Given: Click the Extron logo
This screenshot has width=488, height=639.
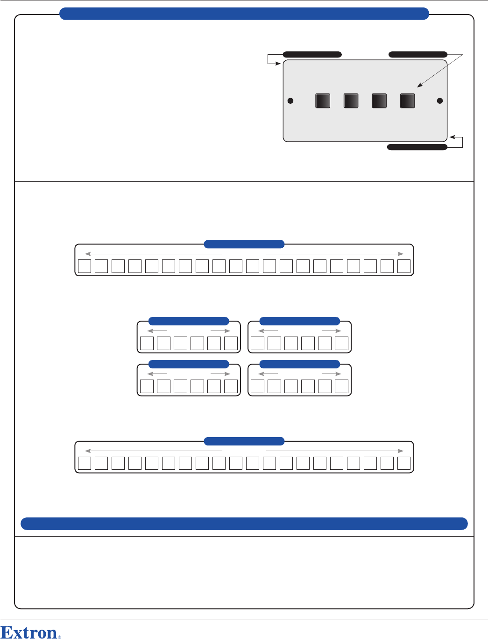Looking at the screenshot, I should (x=29, y=632).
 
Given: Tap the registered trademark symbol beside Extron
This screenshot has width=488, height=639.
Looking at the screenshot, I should (x=59, y=637).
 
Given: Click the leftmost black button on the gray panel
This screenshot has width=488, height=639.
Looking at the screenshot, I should (x=323, y=101).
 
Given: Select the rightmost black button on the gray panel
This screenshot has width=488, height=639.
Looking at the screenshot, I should (x=408, y=101).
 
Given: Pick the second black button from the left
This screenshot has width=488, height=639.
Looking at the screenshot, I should (x=351, y=101).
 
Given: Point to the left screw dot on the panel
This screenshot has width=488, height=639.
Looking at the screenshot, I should (x=290, y=101).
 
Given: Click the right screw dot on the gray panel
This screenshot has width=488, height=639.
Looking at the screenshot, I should (x=439, y=101).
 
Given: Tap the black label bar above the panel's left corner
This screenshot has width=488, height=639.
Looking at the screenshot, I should (x=312, y=55).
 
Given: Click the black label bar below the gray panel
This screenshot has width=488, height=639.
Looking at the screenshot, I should (x=417, y=147).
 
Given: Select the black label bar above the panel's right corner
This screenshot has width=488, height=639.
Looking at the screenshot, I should (x=418, y=55).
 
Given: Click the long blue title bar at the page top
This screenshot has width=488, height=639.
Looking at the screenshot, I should (x=244, y=14).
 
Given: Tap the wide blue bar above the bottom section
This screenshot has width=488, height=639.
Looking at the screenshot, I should (x=244, y=524).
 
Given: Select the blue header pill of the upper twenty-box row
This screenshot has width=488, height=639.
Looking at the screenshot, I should (x=244, y=244).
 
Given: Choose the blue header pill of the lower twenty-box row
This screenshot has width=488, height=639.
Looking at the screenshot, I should (x=244, y=441).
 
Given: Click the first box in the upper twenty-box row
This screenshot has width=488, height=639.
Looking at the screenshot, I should (x=85, y=266).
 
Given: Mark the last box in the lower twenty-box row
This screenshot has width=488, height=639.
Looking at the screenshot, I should (x=404, y=463).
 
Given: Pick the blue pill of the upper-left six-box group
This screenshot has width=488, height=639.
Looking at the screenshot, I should (x=189, y=321).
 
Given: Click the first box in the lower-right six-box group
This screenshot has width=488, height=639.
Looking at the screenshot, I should (x=257, y=386).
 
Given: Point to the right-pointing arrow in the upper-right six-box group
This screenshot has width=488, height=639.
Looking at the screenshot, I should (x=332, y=331).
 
